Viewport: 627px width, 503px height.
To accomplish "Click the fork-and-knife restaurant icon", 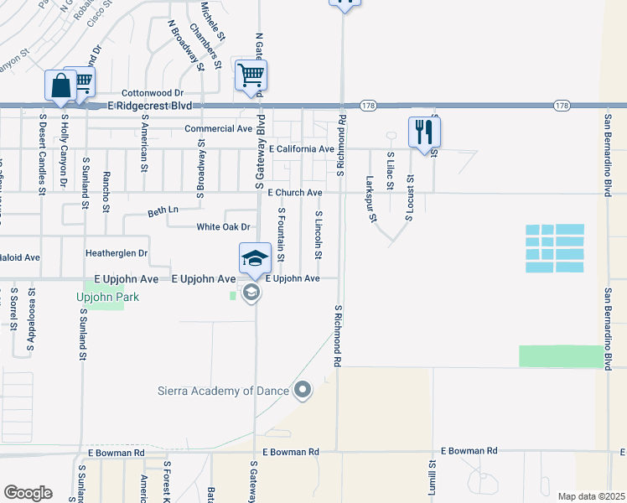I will (424, 132).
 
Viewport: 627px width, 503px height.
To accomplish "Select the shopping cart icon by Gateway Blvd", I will (251, 75).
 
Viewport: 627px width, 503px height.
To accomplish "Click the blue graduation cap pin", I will (255, 258).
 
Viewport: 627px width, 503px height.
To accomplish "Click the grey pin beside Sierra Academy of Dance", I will (303, 390).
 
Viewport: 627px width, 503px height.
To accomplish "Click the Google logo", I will (28, 493).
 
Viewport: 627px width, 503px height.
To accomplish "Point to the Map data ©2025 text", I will (590, 496).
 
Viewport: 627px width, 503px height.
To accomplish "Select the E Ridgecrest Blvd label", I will (150, 106).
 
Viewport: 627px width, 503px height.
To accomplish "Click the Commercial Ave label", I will (218, 129).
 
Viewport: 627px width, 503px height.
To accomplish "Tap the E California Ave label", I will (301, 148).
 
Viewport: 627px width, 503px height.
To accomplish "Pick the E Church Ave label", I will (295, 193).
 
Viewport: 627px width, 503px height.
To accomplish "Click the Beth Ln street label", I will (163, 209).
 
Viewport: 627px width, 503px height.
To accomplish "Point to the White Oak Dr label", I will (223, 227).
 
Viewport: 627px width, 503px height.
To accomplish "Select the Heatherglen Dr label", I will (117, 252).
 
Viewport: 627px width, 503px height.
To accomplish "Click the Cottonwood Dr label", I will (152, 92).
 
